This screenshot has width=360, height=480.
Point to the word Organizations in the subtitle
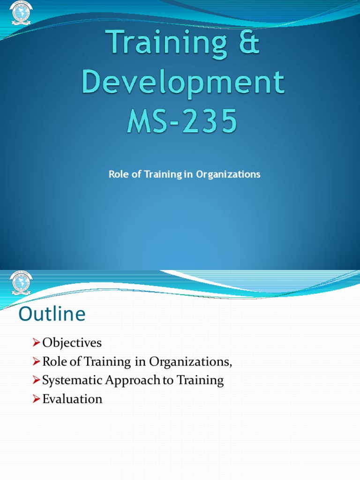click(228, 174)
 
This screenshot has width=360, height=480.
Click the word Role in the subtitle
click(117, 174)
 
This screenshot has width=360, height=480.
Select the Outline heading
click(52, 314)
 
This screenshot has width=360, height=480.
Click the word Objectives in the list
click(72, 343)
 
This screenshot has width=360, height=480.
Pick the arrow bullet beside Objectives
click(37, 343)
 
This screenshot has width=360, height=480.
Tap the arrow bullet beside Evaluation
click(37, 399)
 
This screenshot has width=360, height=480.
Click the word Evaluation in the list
click(72, 399)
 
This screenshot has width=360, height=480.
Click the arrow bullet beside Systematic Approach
click(37, 381)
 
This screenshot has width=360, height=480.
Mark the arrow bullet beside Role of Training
click(37, 362)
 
